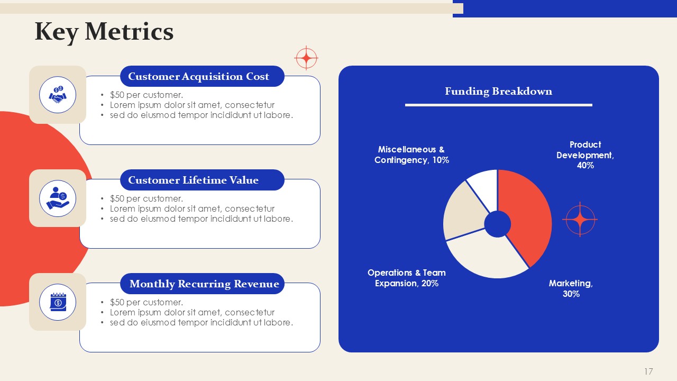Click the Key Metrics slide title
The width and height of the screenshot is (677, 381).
pyautogui.click(x=104, y=32)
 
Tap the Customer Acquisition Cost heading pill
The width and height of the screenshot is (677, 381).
pyautogui.click(x=202, y=76)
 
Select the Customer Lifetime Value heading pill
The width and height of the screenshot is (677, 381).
pyautogui.click(x=202, y=180)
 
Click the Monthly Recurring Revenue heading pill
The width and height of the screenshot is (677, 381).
pyautogui.click(x=202, y=284)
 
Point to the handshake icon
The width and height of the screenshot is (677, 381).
pyautogui.click(x=58, y=95)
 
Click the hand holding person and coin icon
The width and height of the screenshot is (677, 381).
pyautogui.click(x=58, y=198)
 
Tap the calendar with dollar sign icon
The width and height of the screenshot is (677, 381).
pyautogui.click(x=58, y=302)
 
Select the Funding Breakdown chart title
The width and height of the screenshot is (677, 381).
pyautogui.click(x=498, y=91)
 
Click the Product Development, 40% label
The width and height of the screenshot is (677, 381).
pyautogui.click(x=585, y=155)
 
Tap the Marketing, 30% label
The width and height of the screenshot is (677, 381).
pyautogui.click(x=571, y=288)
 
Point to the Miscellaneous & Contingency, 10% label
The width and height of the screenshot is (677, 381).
pyautogui.click(x=411, y=155)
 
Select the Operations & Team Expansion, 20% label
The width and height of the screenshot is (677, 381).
pyautogui.click(x=407, y=278)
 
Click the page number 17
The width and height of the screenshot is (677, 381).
pyautogui.click(x=648, y=371)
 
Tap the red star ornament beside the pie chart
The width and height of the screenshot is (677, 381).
pyautogui.click(x=580, y=219)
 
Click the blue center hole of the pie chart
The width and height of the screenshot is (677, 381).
pyautogui.click(x=498, y=224)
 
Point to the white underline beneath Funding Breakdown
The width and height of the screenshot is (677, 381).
pyautogui.click(x=499, y=105)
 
